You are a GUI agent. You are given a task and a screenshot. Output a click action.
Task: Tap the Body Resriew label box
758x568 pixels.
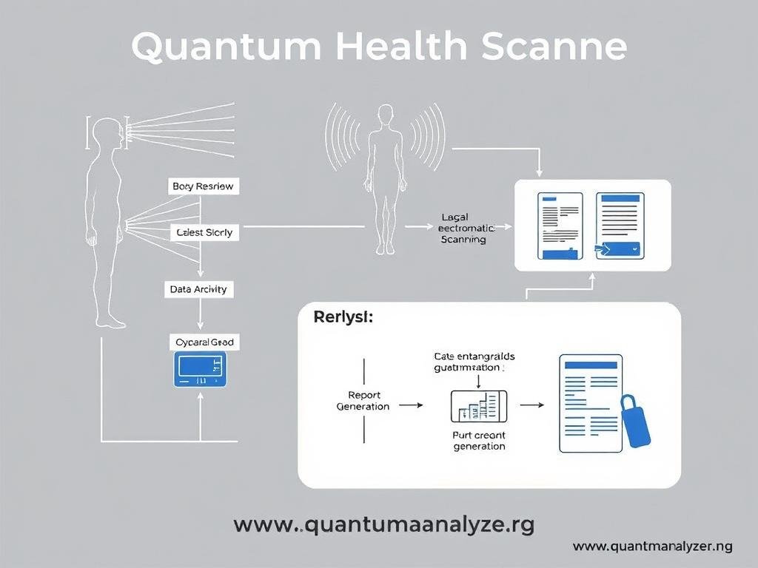click(x=202, y=186)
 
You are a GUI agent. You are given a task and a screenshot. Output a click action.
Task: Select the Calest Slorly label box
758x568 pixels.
click(x=205, y=232)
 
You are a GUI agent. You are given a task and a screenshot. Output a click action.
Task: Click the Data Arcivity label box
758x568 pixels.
click(x=198, y=289)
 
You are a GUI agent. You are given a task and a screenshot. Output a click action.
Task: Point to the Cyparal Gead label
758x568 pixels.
click(x=205, y=342)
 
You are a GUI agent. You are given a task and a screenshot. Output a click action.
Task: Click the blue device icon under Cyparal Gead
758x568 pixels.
click(x=200, y=368)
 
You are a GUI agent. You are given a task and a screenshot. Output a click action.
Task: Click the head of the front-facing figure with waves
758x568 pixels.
click(x=385, y=115)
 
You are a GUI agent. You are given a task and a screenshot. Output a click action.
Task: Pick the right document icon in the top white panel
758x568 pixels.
click(x=620, y=226)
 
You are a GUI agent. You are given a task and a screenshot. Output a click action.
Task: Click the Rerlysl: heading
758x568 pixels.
click(x=343, y=318)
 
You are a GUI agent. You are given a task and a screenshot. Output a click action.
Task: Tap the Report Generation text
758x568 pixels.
click(x=363, y=401)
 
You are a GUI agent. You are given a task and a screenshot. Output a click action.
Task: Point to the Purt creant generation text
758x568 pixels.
click(x=479, y=441)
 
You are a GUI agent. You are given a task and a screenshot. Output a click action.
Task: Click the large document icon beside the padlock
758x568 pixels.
click(x=590, y=403)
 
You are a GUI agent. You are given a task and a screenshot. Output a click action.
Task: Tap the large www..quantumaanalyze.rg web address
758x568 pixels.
click(x=383, y=525)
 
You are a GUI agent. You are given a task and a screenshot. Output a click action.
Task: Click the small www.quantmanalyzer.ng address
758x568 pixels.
click(x=652, y=547)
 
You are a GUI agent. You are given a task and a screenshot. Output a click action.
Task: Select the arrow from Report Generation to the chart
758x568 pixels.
click(x=410, y=405)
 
